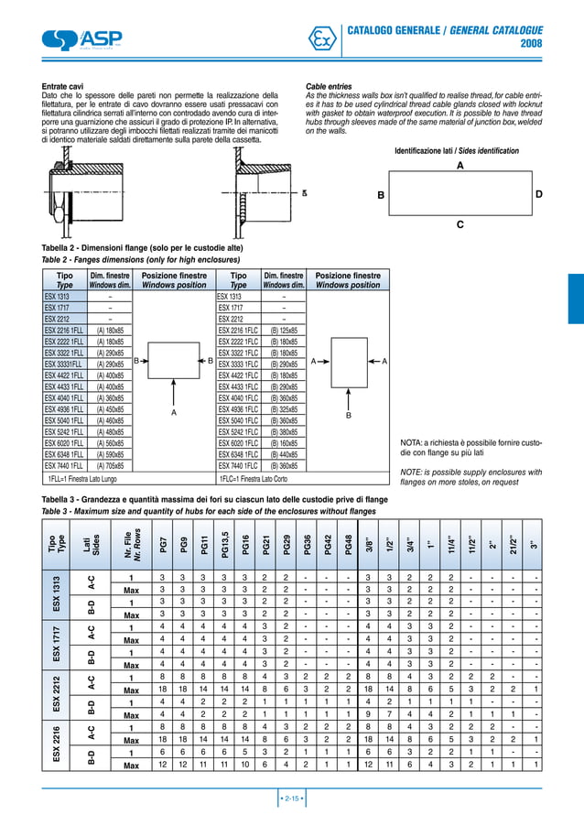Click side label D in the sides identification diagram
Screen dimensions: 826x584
539,195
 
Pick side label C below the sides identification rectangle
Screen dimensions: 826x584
460,224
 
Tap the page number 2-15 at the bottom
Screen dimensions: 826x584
291,799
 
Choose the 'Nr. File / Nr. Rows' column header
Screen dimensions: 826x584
132,546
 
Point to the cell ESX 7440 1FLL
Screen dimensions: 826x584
65,465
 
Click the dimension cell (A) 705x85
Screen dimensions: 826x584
110,465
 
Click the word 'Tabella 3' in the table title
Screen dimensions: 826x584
64,499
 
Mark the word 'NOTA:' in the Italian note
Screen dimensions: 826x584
415,442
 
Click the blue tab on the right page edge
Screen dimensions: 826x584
575,299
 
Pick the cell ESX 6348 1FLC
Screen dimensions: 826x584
238,454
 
